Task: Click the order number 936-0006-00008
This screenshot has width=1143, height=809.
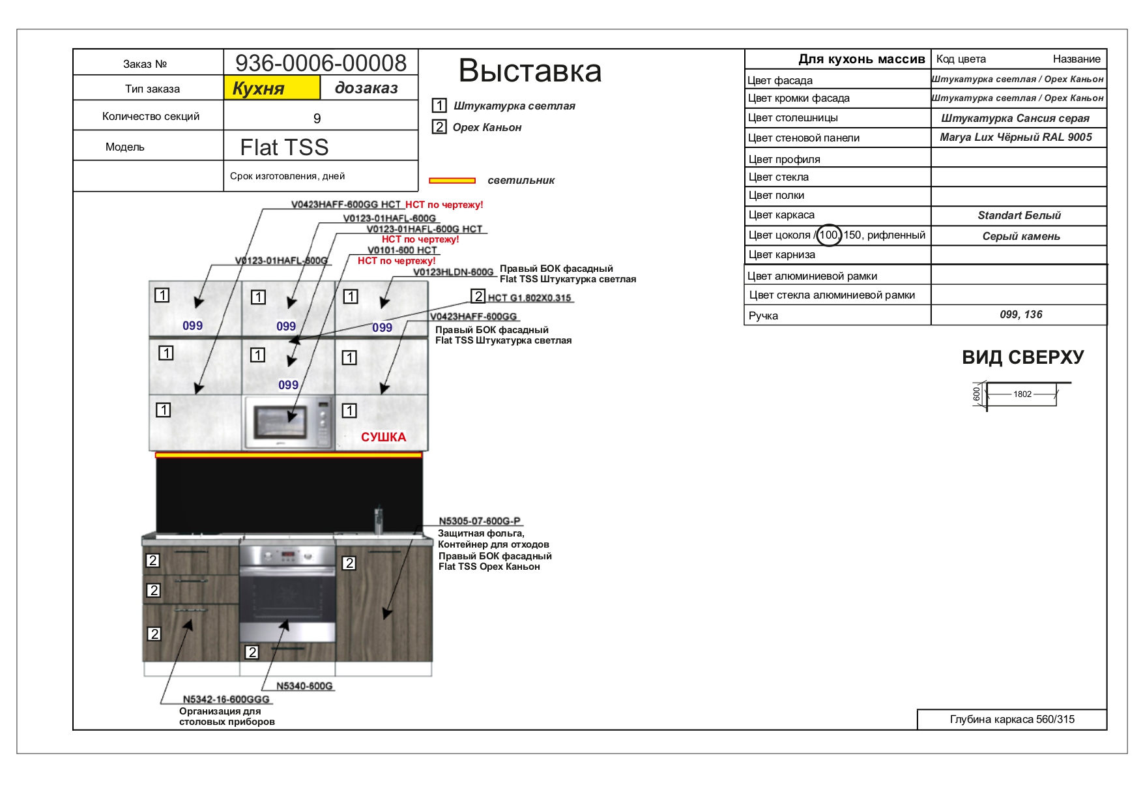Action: click(x=321, y=63)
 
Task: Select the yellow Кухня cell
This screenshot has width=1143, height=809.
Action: click(x=272, y=87)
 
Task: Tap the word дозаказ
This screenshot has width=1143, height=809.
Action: click(x=366, y=88)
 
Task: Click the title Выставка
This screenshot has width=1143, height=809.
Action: click(x=530, y=70)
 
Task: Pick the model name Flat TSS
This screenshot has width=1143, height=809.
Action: click(x=284, y=147)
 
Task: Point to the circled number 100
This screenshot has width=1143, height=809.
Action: click(x=829, y=235)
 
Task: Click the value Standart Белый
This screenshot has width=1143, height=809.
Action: click(x=1019, y=216)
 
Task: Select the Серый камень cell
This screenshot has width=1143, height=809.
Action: click(x=1019, y=235)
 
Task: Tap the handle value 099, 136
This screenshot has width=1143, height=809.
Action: click(x=1021, y=315)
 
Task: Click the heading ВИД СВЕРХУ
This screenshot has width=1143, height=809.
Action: click(x=1023, y=357)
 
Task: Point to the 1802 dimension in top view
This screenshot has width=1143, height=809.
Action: click(x=1022, y=394)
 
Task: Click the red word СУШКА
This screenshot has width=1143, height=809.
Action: click(x=384, y=437)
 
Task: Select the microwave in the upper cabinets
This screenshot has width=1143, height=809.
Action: click(x=289, y=422)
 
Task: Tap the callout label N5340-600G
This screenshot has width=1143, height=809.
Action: click(x=304, y=686)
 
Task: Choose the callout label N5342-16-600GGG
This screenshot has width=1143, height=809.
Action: click(x=226, y=699)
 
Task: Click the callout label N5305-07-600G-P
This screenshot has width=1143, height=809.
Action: click(x=480, y=521)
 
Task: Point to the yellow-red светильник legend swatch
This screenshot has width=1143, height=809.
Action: click(x=452, y=181)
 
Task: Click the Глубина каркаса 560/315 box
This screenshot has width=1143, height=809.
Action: click(x=1012, y=720)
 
